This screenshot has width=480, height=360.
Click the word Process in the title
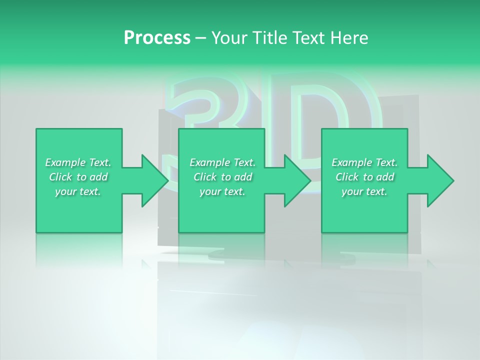click(x=157, y=38)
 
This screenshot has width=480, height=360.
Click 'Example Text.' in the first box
click(x=78, y=162)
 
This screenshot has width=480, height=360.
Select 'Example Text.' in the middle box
click(x=222, y=162)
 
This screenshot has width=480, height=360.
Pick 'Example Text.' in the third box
click(x=364, y=162)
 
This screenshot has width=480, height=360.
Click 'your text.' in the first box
click(x=78, y=191)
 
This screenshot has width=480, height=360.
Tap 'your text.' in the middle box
click(x=222, y=191)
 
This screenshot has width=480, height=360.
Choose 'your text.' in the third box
click(x=364, y=191)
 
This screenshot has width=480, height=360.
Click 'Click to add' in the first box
click(x=78, y=177)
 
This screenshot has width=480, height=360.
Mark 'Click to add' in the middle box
click(x=222, y=177)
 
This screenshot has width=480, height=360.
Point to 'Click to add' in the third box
click(x=364, y=177)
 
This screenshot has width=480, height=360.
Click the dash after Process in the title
click(x=200, y=38)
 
